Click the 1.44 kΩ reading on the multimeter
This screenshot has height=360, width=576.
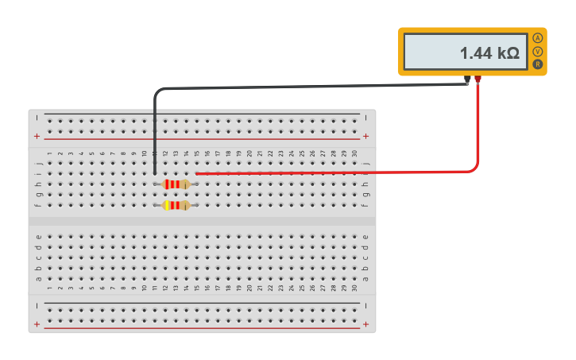click(x=489, y=53)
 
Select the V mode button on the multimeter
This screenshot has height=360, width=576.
click(x=538, y=51)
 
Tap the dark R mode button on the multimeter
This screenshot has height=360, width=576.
click(x=538, y=64)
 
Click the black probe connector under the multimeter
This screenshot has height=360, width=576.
click(x=467, y=79)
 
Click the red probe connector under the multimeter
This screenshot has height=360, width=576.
click(x=477, y=79)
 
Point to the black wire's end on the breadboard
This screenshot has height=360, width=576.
click(x=154, y=172)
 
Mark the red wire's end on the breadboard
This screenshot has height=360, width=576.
click(x=196, y=172)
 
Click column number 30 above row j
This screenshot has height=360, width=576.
click(x=354, y=153)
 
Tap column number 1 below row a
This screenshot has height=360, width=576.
click(x=49, y=288)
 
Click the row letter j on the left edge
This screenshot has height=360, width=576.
click(x=38, y=163)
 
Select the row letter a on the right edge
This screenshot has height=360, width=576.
click(x=365, y=278)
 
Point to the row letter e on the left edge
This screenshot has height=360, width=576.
click(x=38, y=236)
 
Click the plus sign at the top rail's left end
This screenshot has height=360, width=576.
click(x=37, y=136)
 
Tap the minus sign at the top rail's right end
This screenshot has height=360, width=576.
click(x=365, y=118)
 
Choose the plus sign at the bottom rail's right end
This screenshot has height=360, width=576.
click(x=365, y=324)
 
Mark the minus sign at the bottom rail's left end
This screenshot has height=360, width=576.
click(x=37, y=305)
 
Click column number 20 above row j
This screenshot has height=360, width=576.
click(x=249, y=153)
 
